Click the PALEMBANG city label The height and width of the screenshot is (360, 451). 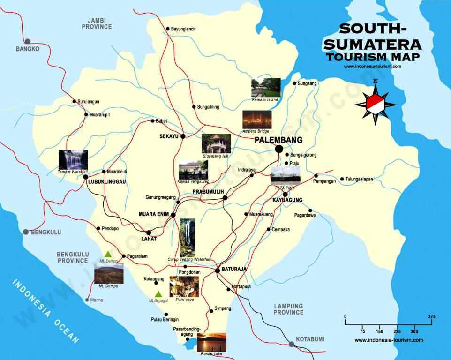point(278,140)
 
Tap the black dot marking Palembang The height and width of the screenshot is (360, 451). point(278,149)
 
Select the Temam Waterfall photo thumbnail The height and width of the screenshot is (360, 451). point(73,159)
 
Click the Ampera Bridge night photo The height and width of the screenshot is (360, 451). point(256,120)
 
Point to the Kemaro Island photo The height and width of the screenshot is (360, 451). point(265,88)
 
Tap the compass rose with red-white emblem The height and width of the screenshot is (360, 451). point(376,102)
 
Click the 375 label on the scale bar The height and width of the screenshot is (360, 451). point(432,316)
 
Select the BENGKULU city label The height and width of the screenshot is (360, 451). point(46,232)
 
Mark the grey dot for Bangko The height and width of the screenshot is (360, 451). point(28,41)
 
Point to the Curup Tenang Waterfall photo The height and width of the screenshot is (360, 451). point(188,237)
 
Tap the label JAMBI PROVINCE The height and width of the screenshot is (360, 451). point(97,23)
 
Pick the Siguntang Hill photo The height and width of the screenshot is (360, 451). point(216,143)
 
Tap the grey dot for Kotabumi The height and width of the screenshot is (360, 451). point(292,344)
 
